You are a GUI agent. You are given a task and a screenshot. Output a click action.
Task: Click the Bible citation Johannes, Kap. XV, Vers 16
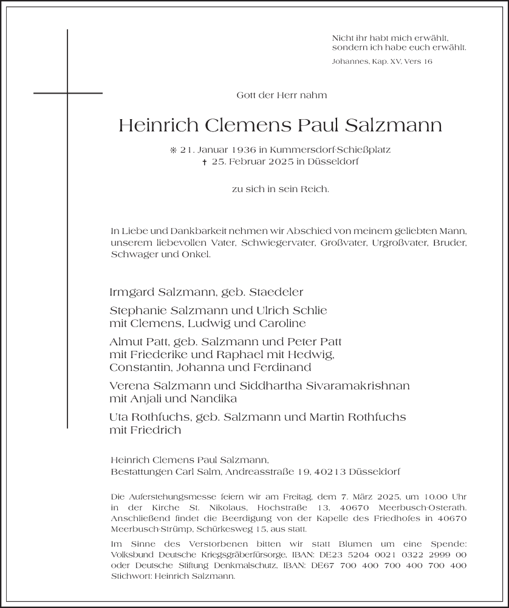pyautogui.click(x=382, y=61)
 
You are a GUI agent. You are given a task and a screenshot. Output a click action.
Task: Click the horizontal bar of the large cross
pyautogui.click(x=68, y=93)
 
